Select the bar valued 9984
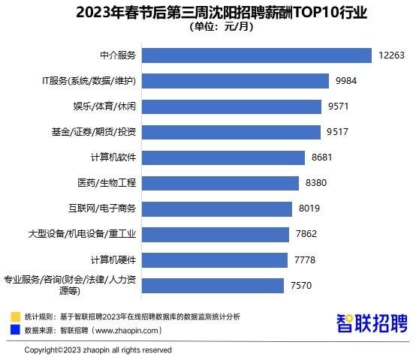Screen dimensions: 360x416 (x=235, y=81)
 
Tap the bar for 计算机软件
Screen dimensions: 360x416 (x=223, y=157)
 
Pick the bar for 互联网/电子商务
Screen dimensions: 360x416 (x=216, y=208)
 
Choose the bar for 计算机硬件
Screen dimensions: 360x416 (x=214, y=259)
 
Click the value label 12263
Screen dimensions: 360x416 (x=392, y=55)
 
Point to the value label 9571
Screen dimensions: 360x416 (x=339, y=106)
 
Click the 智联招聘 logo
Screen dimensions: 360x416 (x=372, y=323)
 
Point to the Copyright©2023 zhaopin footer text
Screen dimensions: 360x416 (x=98, y=350)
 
